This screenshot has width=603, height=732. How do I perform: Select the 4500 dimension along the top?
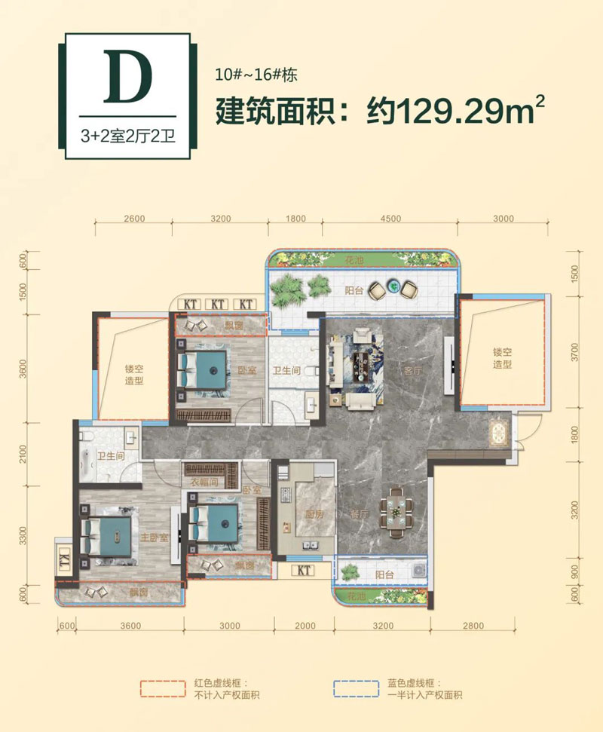(390, 219)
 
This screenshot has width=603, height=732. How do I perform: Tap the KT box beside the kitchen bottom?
(305, 571)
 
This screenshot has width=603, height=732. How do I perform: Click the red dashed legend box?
(164, 688)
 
